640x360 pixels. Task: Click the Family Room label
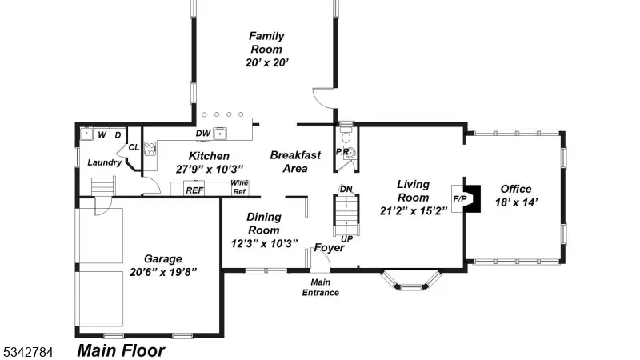pyautogui.click(x=266, y=42)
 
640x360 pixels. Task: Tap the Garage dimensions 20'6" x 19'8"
pyautogui.click(x=163, y=272)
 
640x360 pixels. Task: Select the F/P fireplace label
pyautogui.click(x=459, y=199)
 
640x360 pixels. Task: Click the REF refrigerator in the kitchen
pyautogui.click(x=194, y=189)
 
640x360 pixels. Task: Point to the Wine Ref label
pyautogui.click(x=239, y=187)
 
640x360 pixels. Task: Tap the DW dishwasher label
pyautogui.click(x=203, y=134)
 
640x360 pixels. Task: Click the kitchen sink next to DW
pyautogui.click(x=219, y=133)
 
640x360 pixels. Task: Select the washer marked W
pyautogui.click(x=102, y=134)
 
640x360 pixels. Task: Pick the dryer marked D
pyautogui.click(x=118, y=134)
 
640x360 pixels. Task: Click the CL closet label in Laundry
pyautogui.click(x=134, y=147)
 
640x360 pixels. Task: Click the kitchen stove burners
pyautogui.click(x=150, y=149)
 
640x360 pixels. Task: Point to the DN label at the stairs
pyautogui.click(x=346, y=189)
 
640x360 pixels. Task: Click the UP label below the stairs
pyautogui.click(x=346, y=239)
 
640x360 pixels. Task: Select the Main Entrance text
pyautogui.click(x=321, y=287)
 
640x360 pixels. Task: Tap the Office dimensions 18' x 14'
pyautogui.click(x=516, y=202)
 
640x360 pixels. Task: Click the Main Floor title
pyautogui.click(x=121, y=350)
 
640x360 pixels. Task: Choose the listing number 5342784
pyautogui.click(x=28, y=352)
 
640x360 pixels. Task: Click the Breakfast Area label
pyautogui.click(x=295, y=162)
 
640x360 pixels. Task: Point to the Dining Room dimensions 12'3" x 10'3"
pyautogui.click(x=264, y=244)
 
